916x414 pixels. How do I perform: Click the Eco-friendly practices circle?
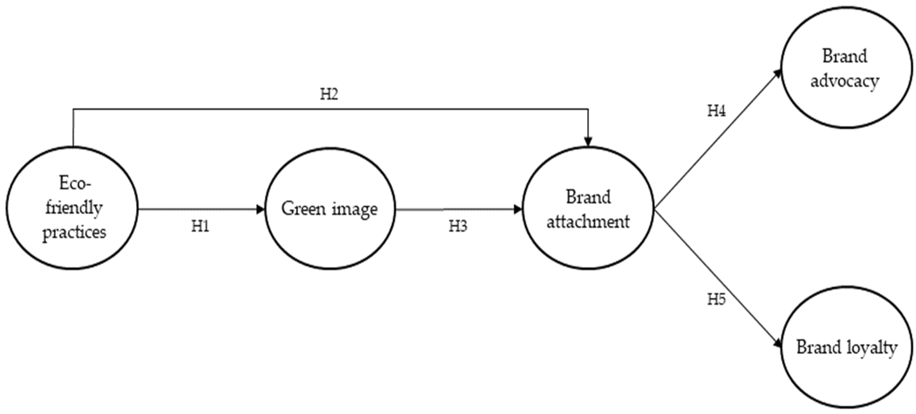click(x=72, y=207)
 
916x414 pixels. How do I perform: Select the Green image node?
click(x=330, y=208)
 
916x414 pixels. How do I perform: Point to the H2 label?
click(x=329, y=94)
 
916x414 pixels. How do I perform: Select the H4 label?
click(x=716, y=111)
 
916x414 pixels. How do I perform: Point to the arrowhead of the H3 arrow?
click(x=518, y=209)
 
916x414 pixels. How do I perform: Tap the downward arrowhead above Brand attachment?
click(x=588, y=141)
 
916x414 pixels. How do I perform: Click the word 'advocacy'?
click(x=844, y=81)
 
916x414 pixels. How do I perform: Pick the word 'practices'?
click(x=74, y=232)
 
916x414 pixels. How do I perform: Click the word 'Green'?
click(x=303, y=209)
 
